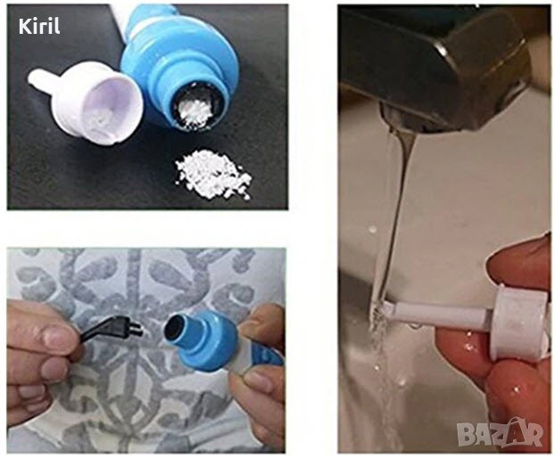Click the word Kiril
tap(39, 27)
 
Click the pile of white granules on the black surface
tap(212, 174)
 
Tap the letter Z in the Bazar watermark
tap(501, 434)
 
